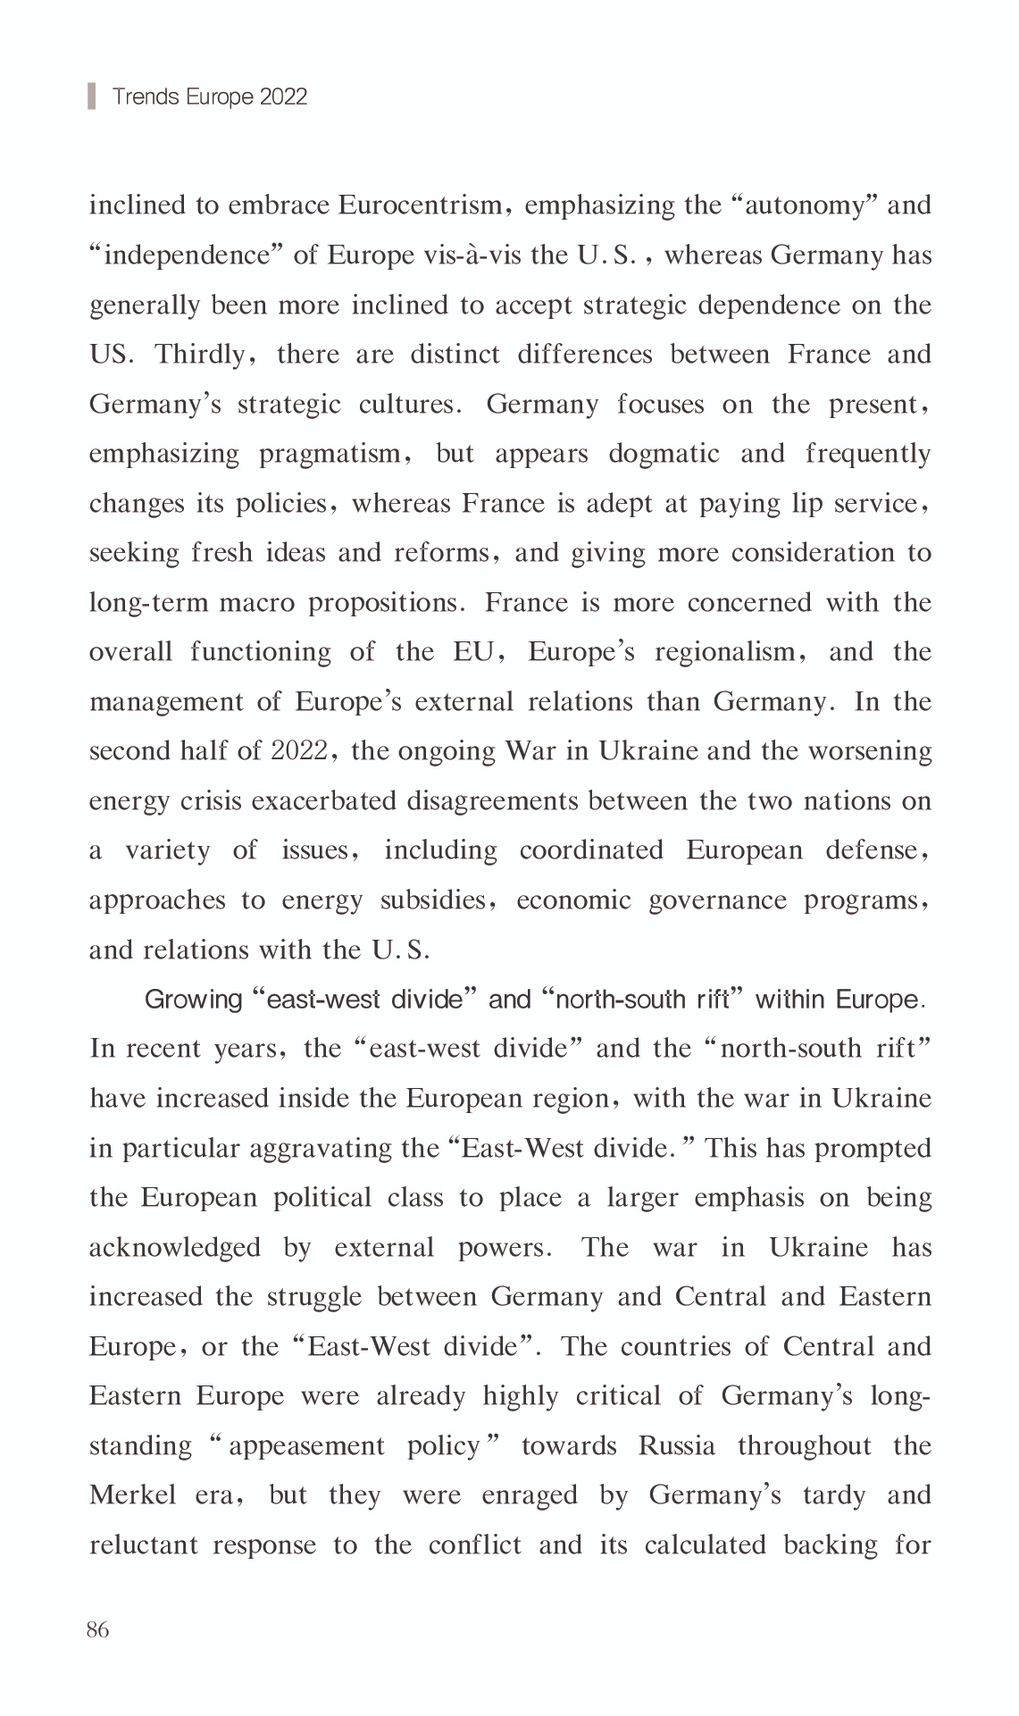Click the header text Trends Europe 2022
(x=209, y=96)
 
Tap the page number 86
(x=97, y=1630)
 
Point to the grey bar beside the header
(x=91, y=96)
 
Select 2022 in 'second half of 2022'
(x=298, y=751)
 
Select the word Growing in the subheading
(x=193, y=1000)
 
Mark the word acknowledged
(x=175, y=1248)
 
